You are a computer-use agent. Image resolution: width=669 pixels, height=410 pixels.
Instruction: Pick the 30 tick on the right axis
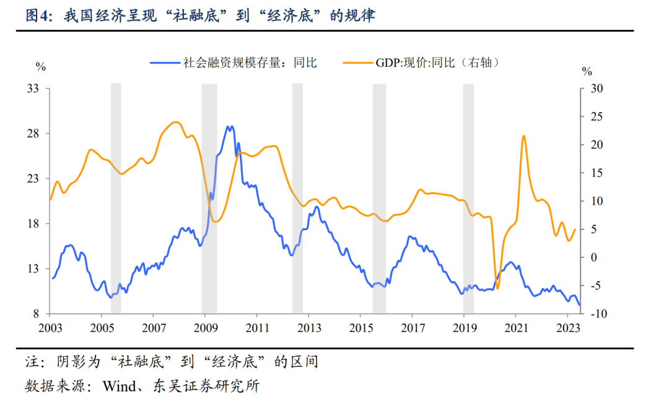tap(593, 89)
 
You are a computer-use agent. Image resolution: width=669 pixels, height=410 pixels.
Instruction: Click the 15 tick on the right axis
tap(593, 173)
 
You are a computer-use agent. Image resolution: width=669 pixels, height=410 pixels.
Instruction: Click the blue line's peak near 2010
tap(230, 127)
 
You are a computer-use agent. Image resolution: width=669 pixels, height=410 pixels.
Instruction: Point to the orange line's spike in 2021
tap(524, 136)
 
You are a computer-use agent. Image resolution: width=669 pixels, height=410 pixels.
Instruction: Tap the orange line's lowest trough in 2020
tap(497, 288)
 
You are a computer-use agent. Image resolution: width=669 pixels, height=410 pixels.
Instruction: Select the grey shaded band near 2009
tap(209, 198)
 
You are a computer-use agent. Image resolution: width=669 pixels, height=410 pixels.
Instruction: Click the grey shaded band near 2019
tap(468, 198)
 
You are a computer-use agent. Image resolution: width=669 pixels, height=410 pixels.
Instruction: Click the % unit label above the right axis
tap(587, 71)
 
